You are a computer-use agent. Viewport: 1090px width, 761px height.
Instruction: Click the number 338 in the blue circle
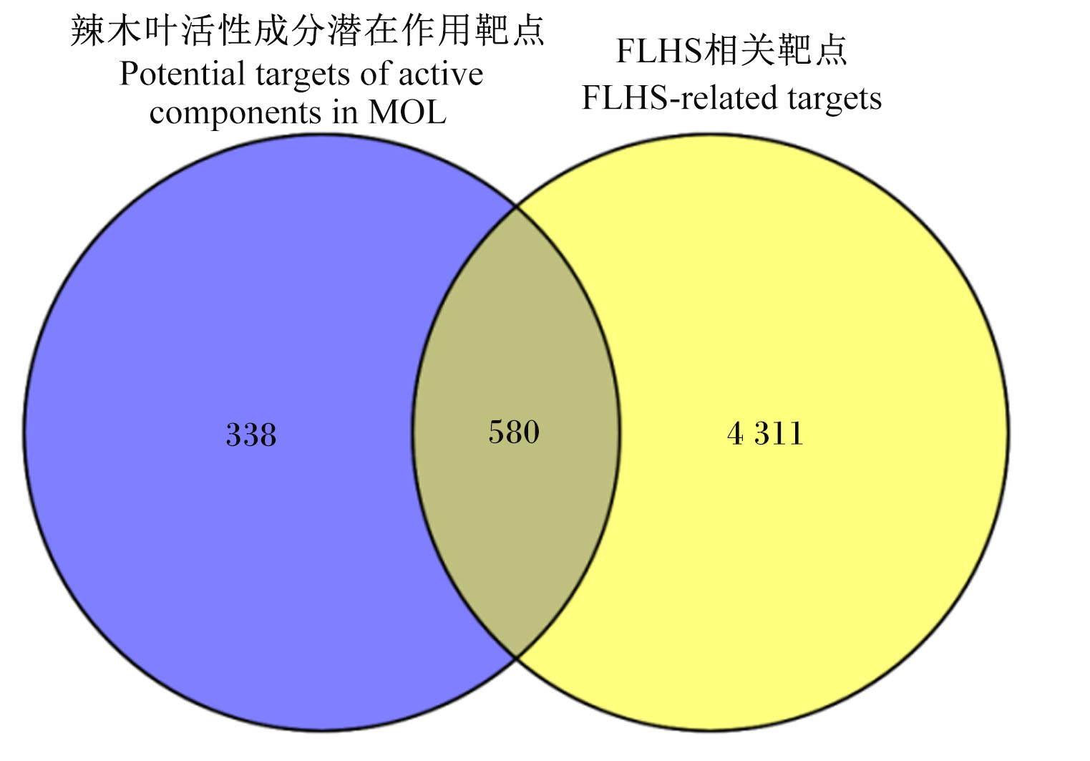pos(251,435)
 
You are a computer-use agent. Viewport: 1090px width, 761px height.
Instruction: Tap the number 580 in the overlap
pos(514,432)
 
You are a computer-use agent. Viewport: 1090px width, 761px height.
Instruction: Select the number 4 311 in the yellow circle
pos(765,433)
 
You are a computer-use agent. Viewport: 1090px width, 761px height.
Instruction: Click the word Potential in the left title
pos(182,74)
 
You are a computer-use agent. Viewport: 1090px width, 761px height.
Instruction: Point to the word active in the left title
pos(441,74)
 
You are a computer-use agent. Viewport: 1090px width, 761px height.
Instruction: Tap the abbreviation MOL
pos(407,112)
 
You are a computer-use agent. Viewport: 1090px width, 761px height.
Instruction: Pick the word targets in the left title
pos(302,76)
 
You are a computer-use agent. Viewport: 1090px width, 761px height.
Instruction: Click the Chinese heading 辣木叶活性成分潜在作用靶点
pos(308,31)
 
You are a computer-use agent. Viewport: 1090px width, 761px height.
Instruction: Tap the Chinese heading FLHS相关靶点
pos(731,50)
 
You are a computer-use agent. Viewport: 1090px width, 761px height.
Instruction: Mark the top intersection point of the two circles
pos(516,207)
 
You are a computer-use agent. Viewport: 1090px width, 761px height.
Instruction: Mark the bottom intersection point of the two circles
pos(516,658)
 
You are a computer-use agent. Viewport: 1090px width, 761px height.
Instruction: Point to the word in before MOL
pos(345,112)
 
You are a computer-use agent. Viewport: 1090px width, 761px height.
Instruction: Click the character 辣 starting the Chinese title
pos(87,31)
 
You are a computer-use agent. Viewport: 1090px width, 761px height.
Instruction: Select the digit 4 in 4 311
pos(735,433)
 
